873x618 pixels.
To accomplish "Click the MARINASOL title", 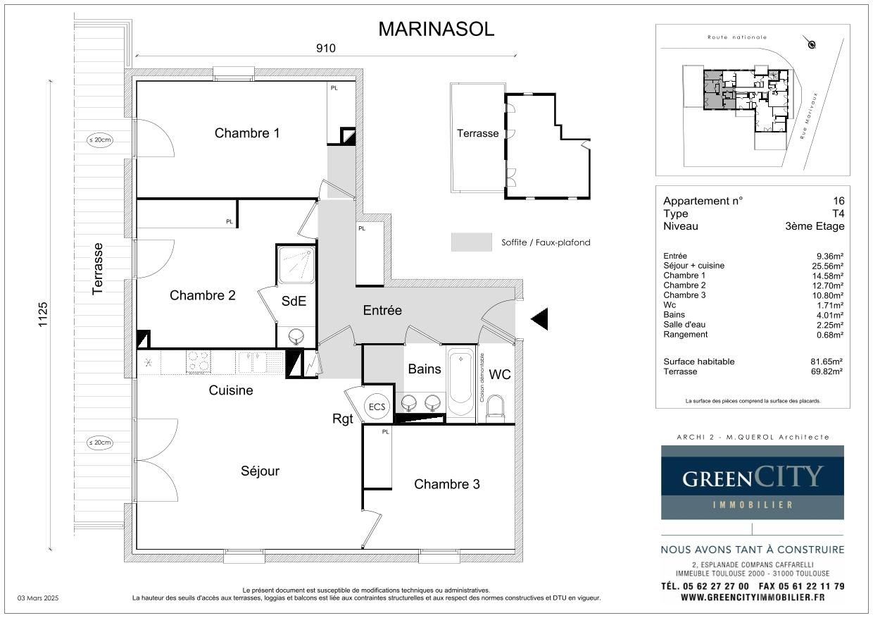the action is (436, 30).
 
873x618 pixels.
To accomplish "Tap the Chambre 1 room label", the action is (247, 133).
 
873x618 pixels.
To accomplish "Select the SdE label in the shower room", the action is (294, 301).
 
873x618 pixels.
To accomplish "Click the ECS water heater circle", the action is (377, 407).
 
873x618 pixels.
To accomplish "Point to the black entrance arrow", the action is (539, 319).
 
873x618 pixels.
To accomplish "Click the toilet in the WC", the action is (496, 409).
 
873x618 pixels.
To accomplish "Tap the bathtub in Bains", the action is (460, 384).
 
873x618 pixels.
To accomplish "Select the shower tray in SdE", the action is (296, 265).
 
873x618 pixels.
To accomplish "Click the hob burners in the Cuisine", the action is (199, 361).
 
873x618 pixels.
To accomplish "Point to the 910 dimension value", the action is (326, 49).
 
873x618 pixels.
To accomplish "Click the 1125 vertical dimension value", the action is (42, 314).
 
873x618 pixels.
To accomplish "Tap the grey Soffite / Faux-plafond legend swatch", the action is (472, 242).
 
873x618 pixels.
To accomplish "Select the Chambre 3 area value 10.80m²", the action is (828, 295).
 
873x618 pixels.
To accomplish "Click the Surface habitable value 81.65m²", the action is (827, 361).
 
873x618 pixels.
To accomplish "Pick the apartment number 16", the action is (839, 201).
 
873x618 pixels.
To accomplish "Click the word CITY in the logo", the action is (788, 476).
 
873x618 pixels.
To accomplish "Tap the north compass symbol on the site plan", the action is (811, 44).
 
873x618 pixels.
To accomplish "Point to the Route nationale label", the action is (737, 37).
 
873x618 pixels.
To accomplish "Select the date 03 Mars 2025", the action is (38, 598).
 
